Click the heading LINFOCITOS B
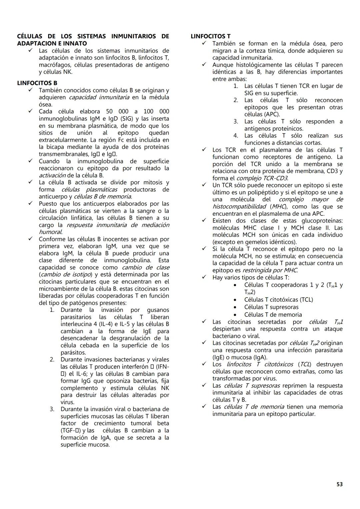click(37, 83)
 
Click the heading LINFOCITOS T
click(210, 36)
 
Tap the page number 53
click(339, 484)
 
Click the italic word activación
click(52, 175)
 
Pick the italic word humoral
click(50, 232)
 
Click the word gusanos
click(158, 310)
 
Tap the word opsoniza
click(121, 381)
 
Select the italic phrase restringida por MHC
click(270, 270)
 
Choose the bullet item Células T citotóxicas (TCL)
click(278, 300)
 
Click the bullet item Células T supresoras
click(271, 307)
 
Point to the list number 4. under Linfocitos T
click(236, 136)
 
